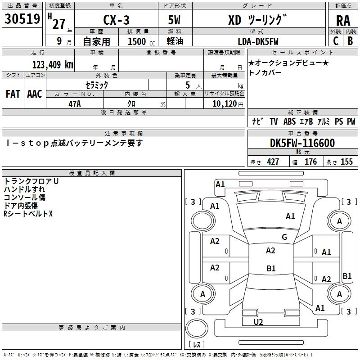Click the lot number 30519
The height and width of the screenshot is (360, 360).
click(22, 19)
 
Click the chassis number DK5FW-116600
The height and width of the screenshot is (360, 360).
click(302, 144)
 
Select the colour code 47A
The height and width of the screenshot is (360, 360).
click(74, 104)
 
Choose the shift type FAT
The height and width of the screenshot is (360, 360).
click(13, 94)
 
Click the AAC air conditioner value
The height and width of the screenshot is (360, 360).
click(34, 94)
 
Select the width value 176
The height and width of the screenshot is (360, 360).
click(310, 162)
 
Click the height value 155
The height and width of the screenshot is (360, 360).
click(346, 162)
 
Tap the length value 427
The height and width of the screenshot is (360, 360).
click(273, 162)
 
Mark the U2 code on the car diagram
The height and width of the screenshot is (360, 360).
click(258, 322)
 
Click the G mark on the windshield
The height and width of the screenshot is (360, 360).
click(284, 237)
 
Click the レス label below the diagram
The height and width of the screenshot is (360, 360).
click(197, 344)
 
